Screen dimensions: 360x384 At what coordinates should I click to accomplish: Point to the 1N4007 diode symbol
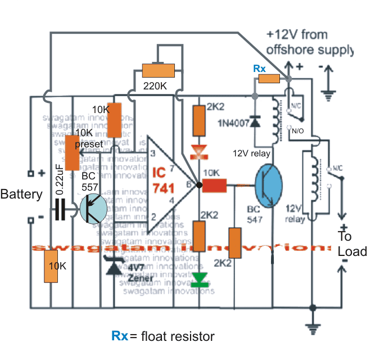click(255, 121)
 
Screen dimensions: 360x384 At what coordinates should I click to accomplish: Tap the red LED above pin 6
click(198, 150)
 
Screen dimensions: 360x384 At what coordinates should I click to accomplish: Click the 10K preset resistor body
click(72, 152)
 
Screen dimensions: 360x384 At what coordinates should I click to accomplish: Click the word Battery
click(21, 195)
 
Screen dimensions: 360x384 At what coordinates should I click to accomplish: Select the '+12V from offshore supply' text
click(310, 42)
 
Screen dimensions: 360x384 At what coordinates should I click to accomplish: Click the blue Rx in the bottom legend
click(120, 336)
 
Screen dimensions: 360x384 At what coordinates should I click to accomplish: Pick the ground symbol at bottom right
click(311, 328)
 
